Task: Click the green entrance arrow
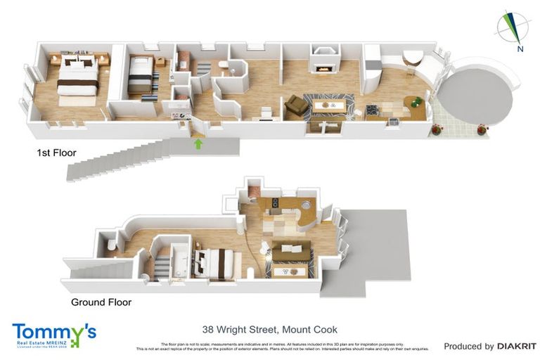(x=198, y=144)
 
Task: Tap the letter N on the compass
(x=519, y=49)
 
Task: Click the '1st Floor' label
(x=56, y=152)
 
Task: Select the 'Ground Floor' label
(x=101, y=302)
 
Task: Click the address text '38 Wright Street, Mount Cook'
(x=269, y=329)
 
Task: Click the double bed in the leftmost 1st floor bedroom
(x=75, y=81)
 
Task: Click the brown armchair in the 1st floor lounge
(x=296, y=105)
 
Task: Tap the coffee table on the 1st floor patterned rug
(x=328, y=105)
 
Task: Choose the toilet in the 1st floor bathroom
(x=224, y=65)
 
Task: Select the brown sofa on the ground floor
(x=290, y=249)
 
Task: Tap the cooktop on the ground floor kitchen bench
(x=274, y=204)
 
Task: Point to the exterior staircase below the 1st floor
(x=120, y=160)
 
